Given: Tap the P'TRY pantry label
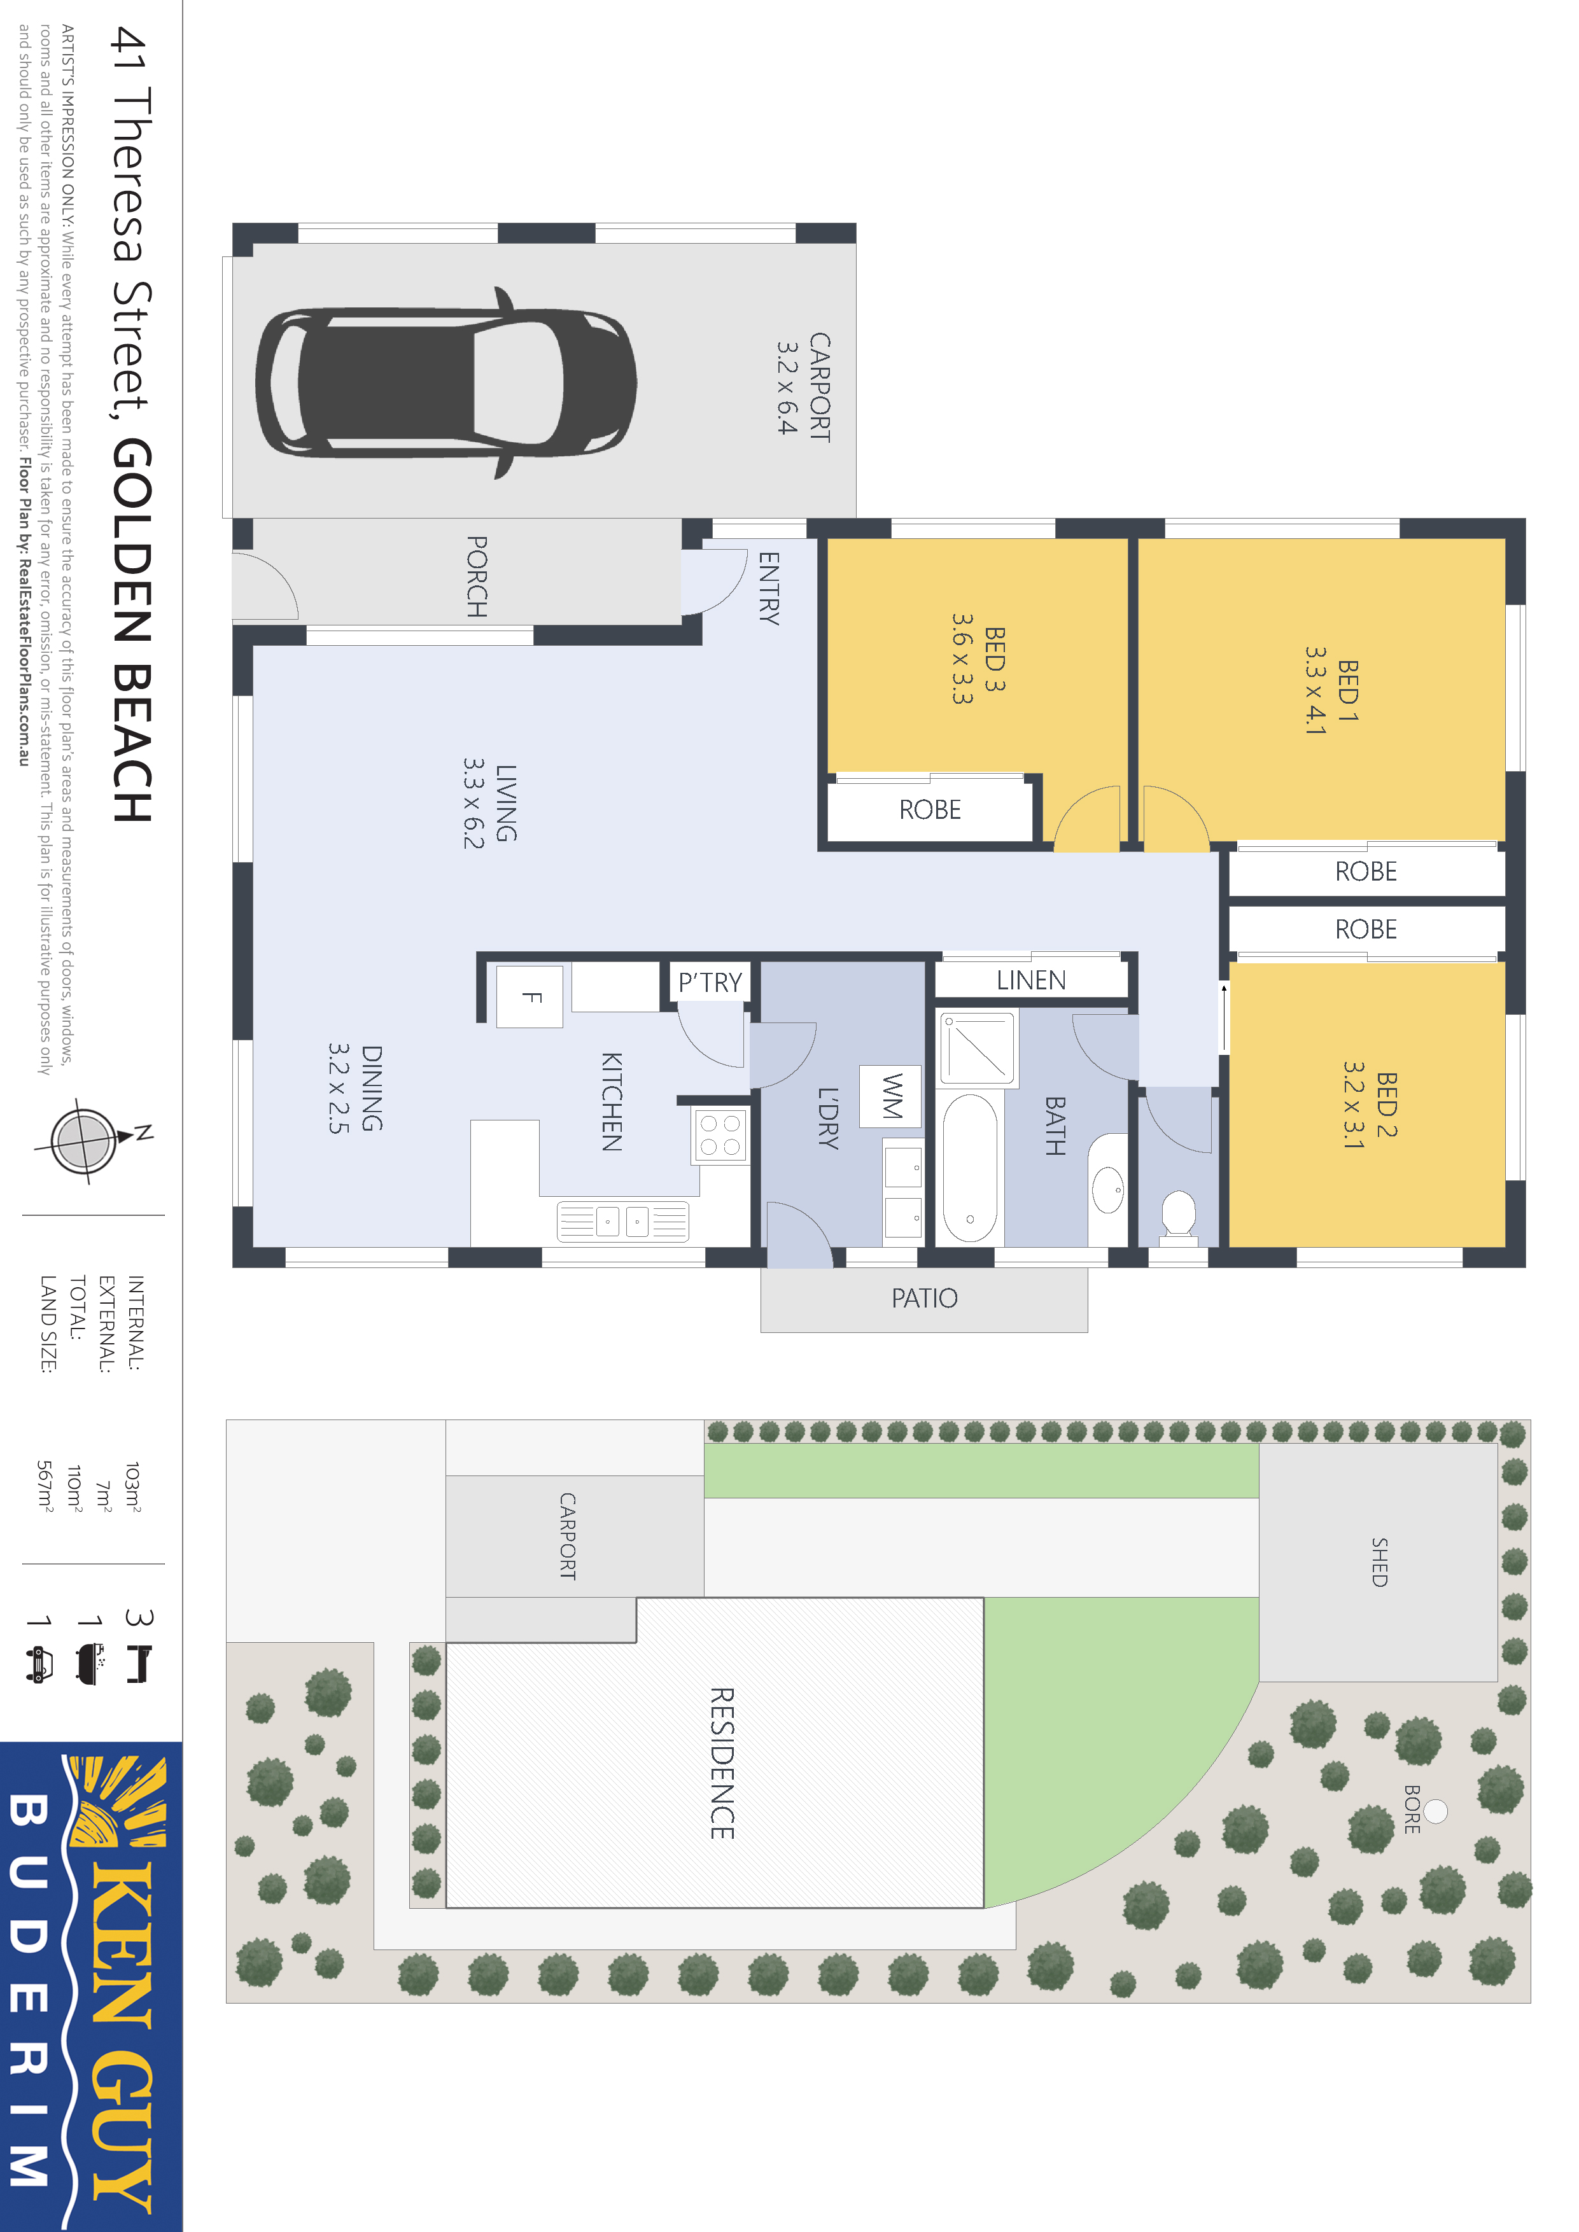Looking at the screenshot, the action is pyautogui.click(x=710, y=983).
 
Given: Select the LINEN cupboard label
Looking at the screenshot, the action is pyautogui.click(x=1032, y=980).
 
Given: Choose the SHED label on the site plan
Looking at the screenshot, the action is pyautogui.click(x=1380, y=1562).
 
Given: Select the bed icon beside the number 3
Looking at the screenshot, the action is pyautogui.click(x=139, y=1664).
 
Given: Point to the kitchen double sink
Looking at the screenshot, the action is pyautogui.click(x=623, y=1221).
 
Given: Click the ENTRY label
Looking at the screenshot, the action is pyautogui.click(x=769, y=587).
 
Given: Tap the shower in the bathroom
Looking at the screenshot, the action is pyautogui.click(x=977, y=1048).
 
